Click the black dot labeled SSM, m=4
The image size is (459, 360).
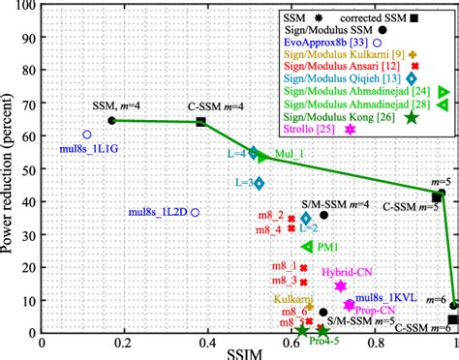[112, 120]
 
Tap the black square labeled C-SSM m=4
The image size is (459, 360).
[201, 122]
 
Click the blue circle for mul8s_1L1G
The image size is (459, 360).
[87, 135]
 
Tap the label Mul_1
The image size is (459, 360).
[290, 154]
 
